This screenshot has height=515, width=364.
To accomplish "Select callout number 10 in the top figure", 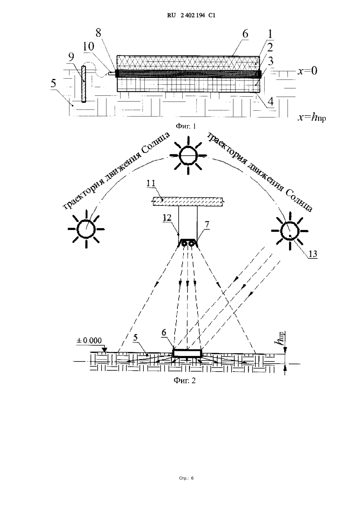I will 87,46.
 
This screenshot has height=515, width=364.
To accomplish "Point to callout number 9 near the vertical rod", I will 71,57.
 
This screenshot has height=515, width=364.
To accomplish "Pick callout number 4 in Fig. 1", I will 270,101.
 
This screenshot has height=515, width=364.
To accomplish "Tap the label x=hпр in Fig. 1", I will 312,117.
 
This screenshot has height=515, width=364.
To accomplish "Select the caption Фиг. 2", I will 185,380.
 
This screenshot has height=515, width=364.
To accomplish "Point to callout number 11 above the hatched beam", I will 151,183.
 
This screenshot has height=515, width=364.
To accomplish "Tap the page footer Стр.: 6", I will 186,478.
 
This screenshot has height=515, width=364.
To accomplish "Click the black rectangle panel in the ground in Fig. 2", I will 187,353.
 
